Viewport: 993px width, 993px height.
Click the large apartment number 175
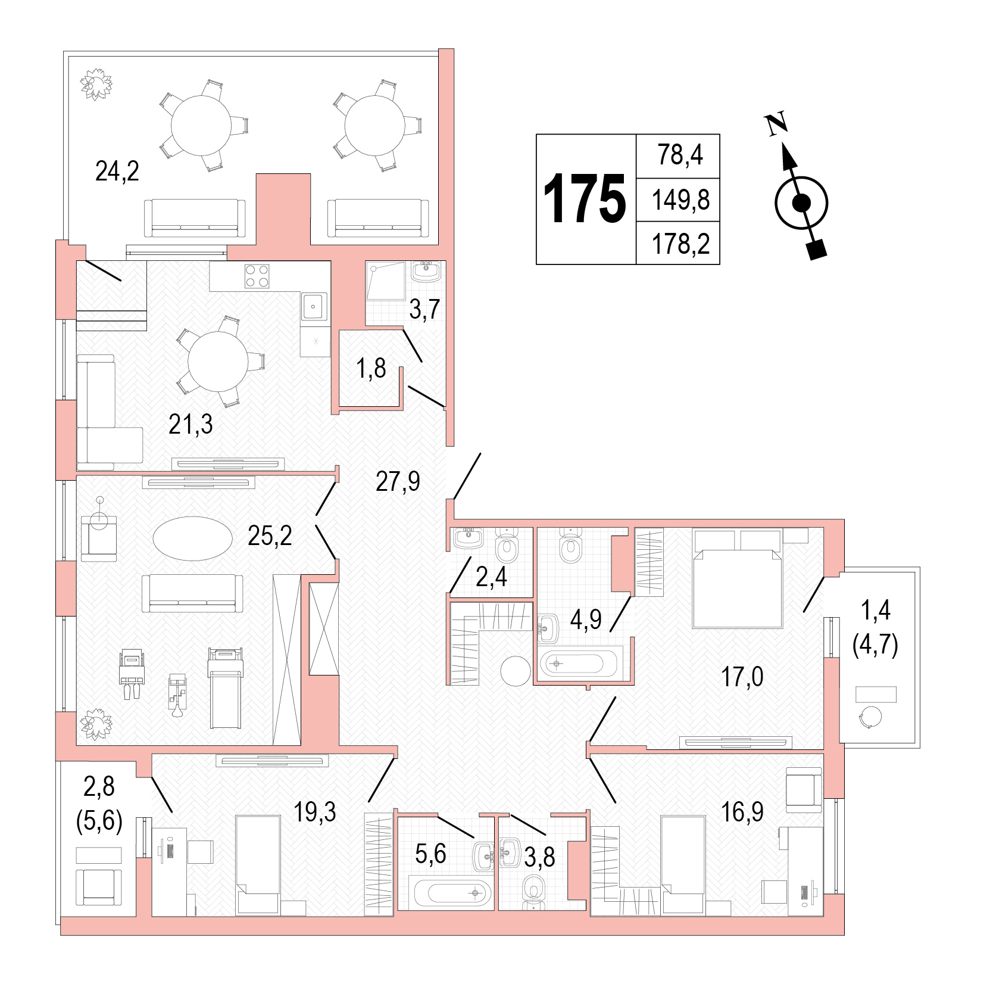pos(585,199)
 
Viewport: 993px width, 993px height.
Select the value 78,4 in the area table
pos(680,155)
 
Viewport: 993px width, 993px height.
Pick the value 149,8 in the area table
pos(680,200)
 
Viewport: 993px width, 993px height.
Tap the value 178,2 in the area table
pos(680,244)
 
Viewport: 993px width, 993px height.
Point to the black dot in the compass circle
pos(802,204)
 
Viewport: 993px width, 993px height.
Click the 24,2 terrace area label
pos(117,172)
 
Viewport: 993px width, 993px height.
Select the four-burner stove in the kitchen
pos(258,276)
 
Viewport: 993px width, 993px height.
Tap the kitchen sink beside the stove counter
pos(314,306)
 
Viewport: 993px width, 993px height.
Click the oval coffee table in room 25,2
pos(192,538)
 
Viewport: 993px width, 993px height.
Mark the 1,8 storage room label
pos(371,369)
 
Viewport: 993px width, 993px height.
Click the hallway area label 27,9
pos(398,481)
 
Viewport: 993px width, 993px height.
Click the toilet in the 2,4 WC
pos(507,546)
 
